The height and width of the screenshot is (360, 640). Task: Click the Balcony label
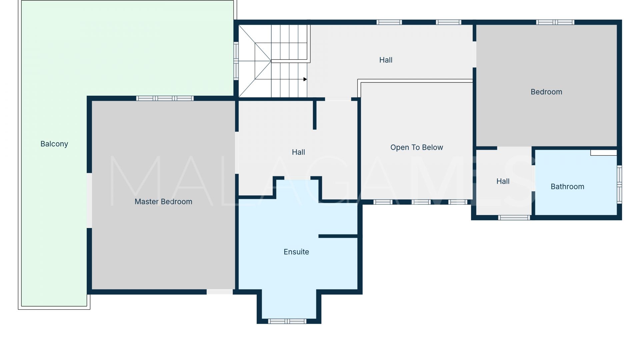[x=54, y=144]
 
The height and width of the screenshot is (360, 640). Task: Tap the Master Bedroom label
[x=163, y=202]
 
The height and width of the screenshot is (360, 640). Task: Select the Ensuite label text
[x=296, y=252]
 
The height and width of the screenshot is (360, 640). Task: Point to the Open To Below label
[x=417, y=148]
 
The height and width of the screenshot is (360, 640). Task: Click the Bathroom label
[x=567, y=187]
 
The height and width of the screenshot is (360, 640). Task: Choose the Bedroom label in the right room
[x=546, y=92]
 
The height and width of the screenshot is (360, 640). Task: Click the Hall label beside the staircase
[x=386, y=60]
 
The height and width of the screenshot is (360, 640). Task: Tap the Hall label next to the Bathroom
[x=503, y=181]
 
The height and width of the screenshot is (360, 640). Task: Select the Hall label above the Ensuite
[x=298, y=152]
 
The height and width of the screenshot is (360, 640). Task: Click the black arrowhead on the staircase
[x=305, y=79]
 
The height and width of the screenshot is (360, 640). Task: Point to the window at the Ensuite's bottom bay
[x=287, y=321]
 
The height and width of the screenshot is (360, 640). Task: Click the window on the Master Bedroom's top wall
[x=165, y=98]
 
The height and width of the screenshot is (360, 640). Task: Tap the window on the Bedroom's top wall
[x=555, y=22]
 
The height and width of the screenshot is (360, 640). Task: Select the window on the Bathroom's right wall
[x=619, y=184]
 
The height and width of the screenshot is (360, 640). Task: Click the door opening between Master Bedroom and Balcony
[x=89, y=200]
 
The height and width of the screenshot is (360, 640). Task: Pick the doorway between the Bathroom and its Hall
[x=533, y=178]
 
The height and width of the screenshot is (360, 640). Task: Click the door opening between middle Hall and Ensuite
[x=297, y=178]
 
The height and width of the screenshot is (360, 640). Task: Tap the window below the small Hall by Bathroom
[x=514, y=218]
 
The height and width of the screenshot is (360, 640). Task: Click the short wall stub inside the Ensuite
[x=338, y=236]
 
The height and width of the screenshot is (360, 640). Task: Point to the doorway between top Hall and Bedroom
[x=474, y=54]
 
